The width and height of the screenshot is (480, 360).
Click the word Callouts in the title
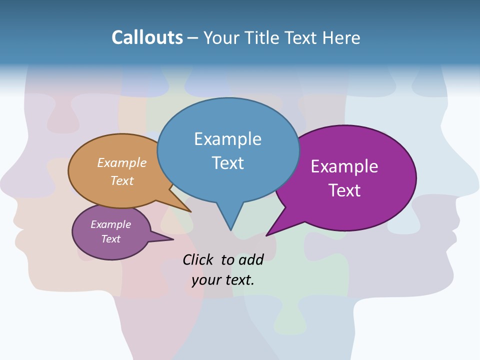click(x=147, y=37)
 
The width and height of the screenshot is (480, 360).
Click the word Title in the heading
click(x=263, y=37)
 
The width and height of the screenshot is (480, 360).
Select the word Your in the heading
click(x=221, y=37)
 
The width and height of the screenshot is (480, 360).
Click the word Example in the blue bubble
click(x=227, y=139)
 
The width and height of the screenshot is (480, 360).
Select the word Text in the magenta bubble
click(x=345, y=190)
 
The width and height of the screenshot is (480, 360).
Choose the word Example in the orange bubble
click(x=122, y=163)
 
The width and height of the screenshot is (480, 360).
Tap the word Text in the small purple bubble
click(x=110, y=239)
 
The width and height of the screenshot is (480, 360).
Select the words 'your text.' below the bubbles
click(x=223, y=280)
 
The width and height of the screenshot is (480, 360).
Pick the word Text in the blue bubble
click(x=228, y=163)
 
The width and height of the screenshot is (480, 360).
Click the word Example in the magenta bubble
click(x=344, y=166)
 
